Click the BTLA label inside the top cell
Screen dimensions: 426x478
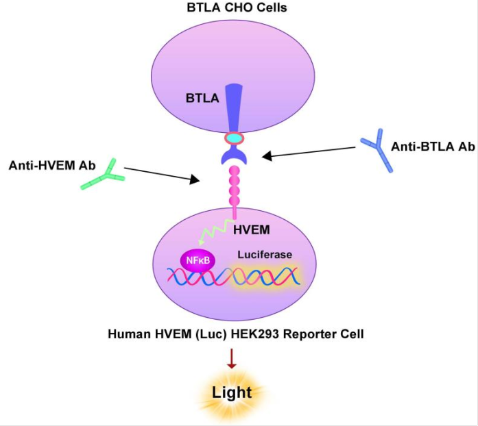click(x=202, y=98)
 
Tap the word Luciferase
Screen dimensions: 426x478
click(x=265, y=254)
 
